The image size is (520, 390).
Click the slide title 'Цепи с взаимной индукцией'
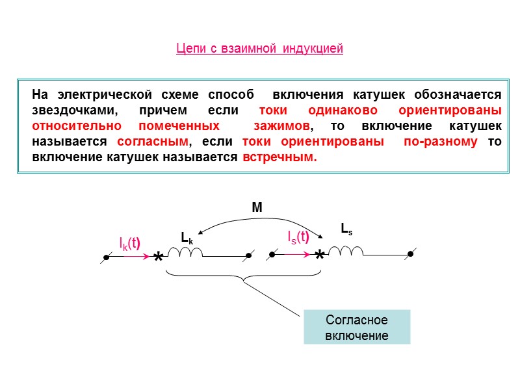pyautogui.click(x=259, y=49)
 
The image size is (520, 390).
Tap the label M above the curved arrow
pyautogui.click(x=257, y=208)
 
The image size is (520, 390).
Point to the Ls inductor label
pyautogui.click(x=346, y=228)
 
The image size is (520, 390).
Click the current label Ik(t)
pyautogui.click(x=131, y=244)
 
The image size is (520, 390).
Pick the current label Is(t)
pyautogui.click(x=298, y=237)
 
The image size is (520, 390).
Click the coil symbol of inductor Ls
pyautogui.click(x=346, y=251)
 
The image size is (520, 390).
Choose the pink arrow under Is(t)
pyautogui.click(x=298, y=255)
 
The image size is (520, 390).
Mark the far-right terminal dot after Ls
pyautogui.click(x=410, y=254)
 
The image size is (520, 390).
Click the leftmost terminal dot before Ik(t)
pyautogui.click(x=105, y=257)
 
